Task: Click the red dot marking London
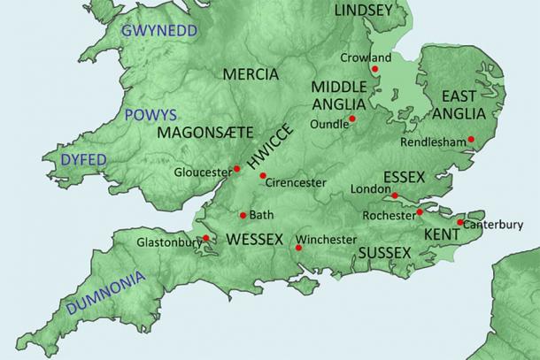point(396,195)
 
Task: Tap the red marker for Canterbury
point(460,222)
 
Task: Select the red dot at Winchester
point(299,248)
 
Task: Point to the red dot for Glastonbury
point(205,237)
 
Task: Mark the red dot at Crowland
point(375,68)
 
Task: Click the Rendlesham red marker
point(472,139)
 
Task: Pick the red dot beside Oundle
point(352,119)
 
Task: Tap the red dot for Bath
point(243,215)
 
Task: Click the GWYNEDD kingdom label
point(159,31)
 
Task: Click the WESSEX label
point(255,240)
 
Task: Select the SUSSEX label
point(385,254)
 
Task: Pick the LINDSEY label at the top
point(363,11)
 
